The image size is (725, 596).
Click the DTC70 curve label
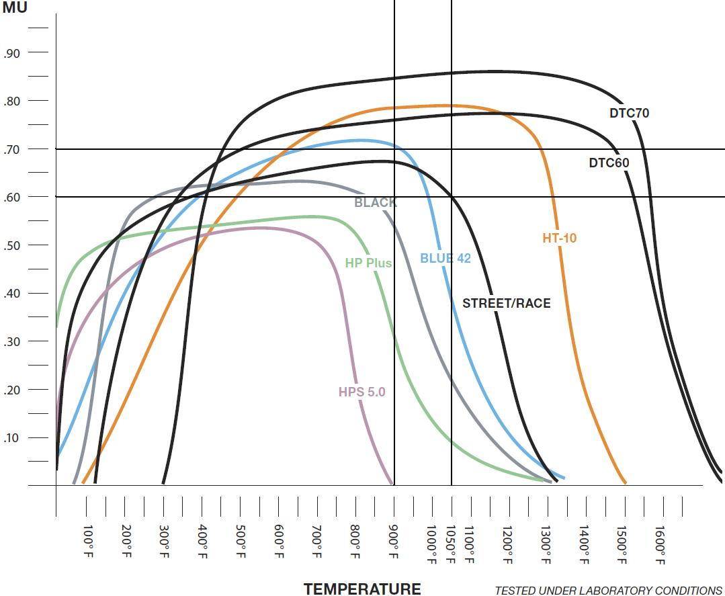[x=629, y=113]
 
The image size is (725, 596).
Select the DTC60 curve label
[x=609, y=163]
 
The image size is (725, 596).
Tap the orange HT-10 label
[x=559, y=238]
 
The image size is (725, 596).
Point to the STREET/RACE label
[x=506, y=303]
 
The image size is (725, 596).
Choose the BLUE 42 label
[x=445, y=258]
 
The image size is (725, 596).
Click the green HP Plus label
[x=368, y=263]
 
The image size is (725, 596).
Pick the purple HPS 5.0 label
[x=361, y=392]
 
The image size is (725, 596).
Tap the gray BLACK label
[x=375, y=202]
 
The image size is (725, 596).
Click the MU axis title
[x=15, y=9]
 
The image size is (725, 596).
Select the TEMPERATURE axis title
[x=362, y=589]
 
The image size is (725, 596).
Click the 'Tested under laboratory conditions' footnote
[x=608, y=590]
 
